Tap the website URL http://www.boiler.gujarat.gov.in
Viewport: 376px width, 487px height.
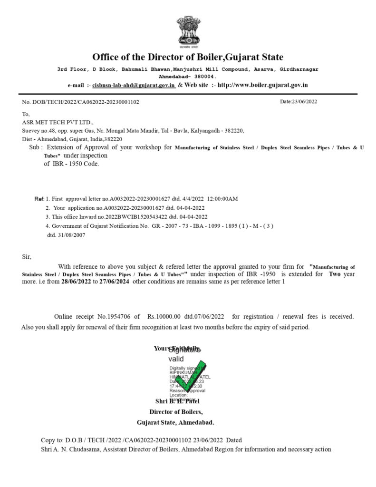pos(263,85)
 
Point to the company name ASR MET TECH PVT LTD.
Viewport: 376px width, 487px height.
pos(58,122)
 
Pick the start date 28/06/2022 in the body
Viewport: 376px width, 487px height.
pos(78,282)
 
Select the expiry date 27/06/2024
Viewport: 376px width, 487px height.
pos(113,282)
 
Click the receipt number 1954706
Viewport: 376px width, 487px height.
pos(114,316)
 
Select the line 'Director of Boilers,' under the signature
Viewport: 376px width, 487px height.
pos(176,412)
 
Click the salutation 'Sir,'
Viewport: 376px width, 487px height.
pos(27,256)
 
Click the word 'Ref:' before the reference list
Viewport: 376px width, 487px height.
pos(39,198)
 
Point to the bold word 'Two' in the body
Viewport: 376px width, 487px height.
pos(335,274)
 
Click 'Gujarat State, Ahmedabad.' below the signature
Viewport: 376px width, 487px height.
pos(175,422)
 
